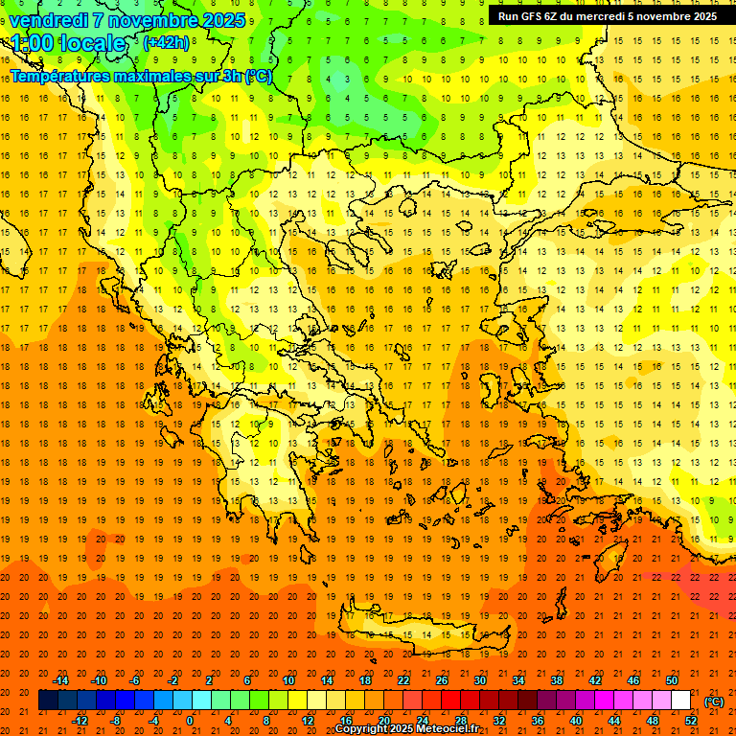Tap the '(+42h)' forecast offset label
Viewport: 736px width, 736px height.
click(166, 42)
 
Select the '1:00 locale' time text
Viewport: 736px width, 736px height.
click(68, 43)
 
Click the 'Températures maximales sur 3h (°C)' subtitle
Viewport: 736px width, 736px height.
click(141, 77)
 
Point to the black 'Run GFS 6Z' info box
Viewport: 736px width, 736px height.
click(607, 15)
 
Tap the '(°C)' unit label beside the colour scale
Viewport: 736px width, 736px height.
click(714, 701)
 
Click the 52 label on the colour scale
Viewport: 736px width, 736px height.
click(691, 721)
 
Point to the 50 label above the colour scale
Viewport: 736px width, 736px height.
click(672, 680)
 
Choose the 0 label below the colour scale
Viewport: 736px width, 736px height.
click(191, 721)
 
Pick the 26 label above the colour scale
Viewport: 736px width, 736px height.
click(442, 680)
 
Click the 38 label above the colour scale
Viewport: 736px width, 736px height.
click(557, 680)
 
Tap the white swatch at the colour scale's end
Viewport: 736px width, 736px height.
click(681, 701)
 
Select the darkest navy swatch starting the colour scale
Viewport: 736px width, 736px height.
click(48, 701)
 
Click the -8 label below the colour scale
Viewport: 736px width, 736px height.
click(116, 721)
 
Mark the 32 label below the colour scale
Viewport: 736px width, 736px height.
click(499, 721)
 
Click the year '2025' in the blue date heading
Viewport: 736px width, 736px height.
click(218, 20)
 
